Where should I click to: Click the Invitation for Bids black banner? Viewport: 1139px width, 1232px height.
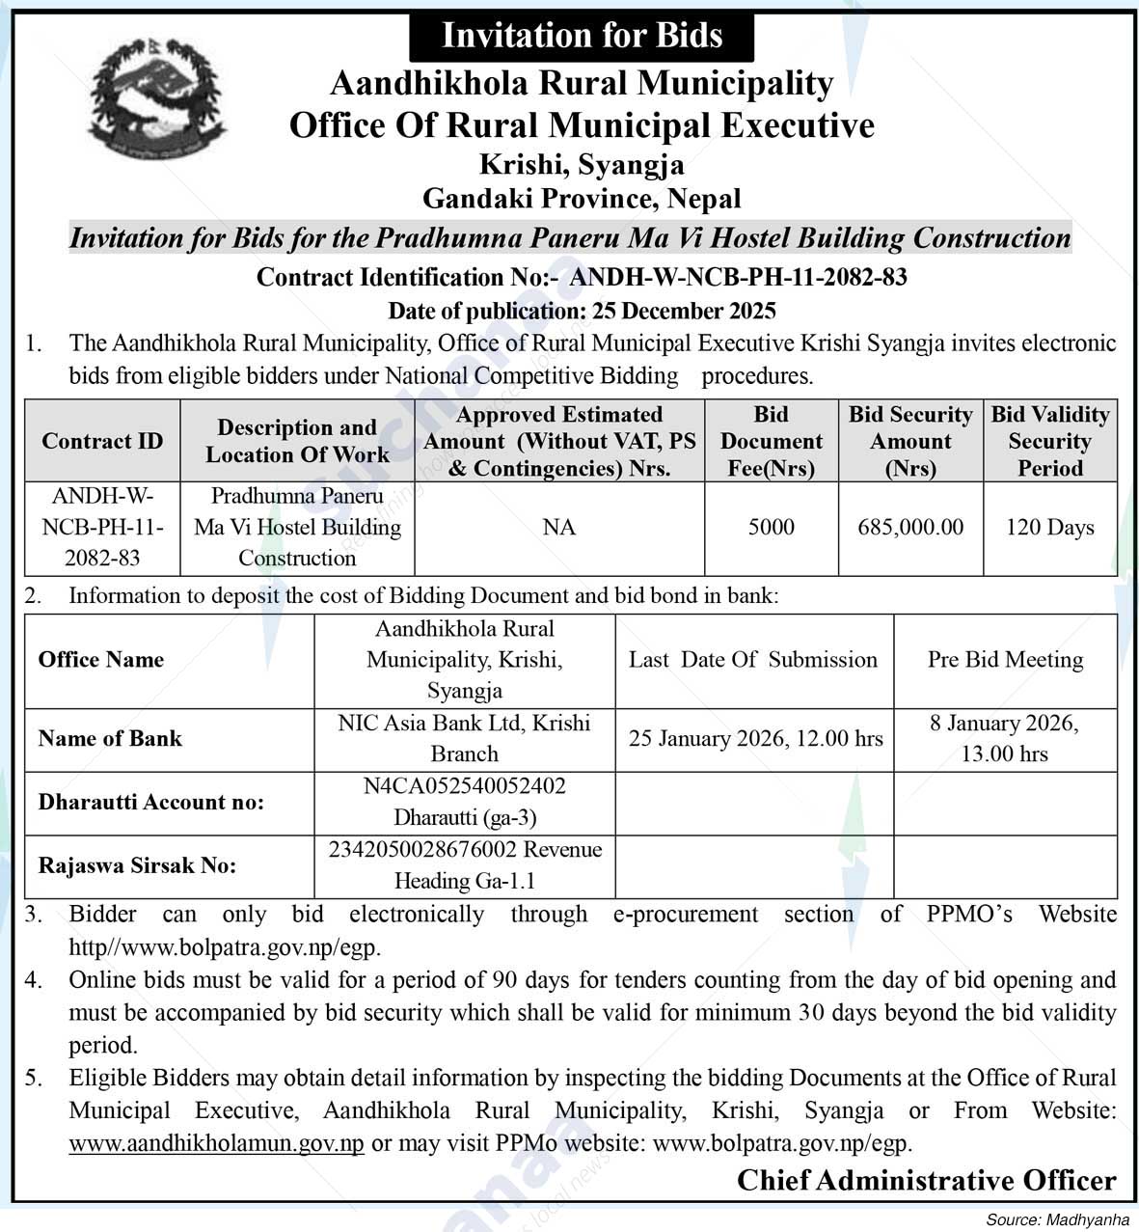582,36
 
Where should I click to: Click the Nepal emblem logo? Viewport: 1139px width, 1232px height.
157,99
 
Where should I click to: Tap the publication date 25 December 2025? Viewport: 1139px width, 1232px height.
582,311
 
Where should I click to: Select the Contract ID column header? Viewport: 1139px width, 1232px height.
102,441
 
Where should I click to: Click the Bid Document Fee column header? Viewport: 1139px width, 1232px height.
772,441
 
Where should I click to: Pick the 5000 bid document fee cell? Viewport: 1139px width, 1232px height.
772,527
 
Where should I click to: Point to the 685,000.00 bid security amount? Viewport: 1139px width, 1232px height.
910,527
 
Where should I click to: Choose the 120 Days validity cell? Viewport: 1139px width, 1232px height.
1049,527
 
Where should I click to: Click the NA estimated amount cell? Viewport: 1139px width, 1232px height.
559,527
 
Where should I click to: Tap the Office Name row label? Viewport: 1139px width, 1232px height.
101,660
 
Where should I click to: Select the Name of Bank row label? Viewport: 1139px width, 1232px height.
110,739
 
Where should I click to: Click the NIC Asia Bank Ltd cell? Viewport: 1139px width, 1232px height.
464,738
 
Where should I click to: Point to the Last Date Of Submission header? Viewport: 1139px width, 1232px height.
753,660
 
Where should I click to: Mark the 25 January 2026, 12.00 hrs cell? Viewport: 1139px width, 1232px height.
755,739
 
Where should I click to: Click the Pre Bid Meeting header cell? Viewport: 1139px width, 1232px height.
1005,660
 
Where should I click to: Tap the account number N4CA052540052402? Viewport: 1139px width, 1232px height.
464,786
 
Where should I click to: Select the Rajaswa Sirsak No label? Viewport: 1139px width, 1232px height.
137,865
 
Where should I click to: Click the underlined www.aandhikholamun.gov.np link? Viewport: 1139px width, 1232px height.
217,1143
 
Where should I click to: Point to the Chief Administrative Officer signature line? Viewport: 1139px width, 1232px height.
926,1180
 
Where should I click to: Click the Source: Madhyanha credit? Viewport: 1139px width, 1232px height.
1057,1220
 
